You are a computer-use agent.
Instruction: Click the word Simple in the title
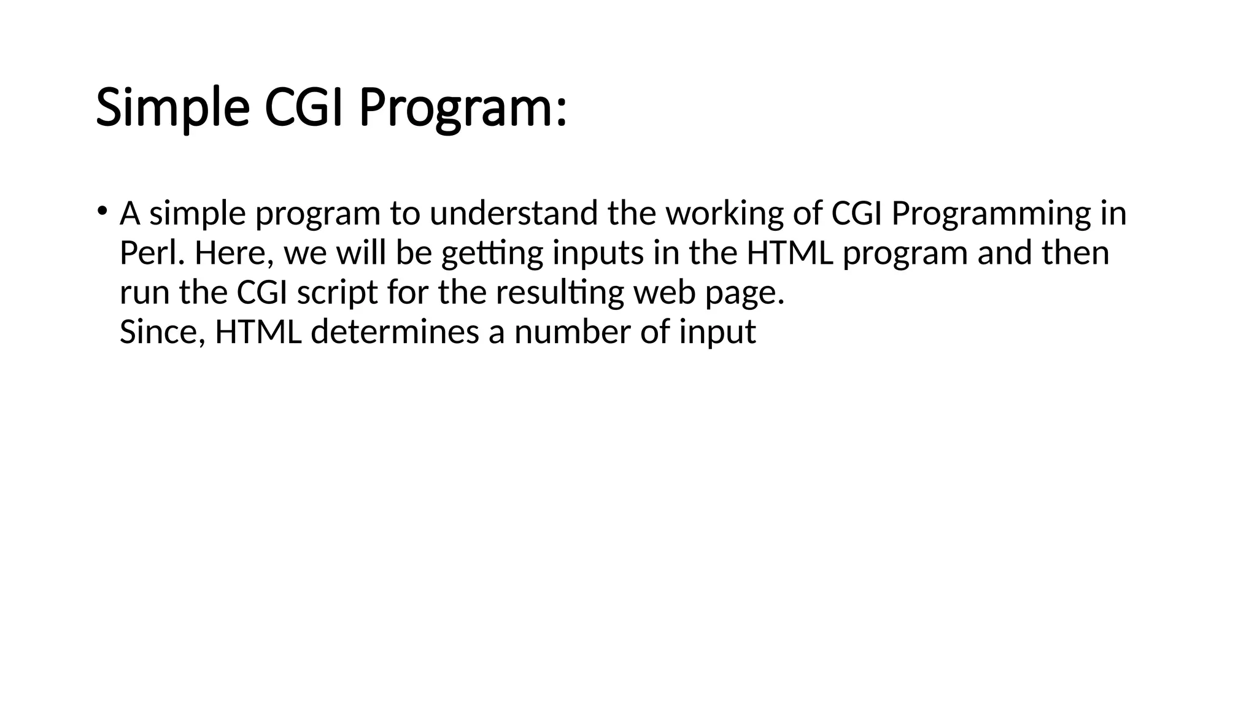[x=172, y=109]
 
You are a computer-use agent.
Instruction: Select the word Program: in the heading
[x=462, y=109]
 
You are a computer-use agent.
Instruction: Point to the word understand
[x=513, y=214]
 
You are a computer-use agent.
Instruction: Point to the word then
[x=1076, y=253]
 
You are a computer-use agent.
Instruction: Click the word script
[x=337, y=293]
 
